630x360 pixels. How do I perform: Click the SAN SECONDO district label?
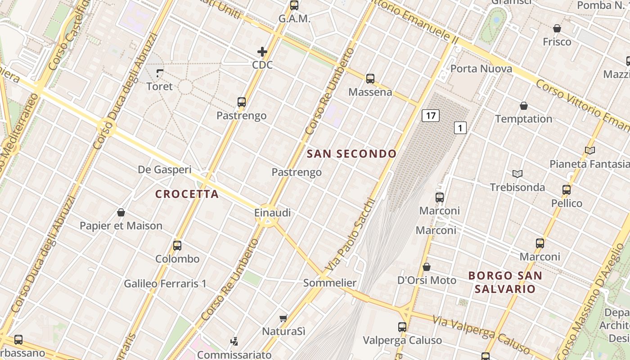coord(351,154)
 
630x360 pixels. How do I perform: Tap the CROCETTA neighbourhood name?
coord(187,194)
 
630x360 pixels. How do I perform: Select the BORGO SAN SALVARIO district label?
coord(505,282)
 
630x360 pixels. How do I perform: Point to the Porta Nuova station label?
coord(481,69)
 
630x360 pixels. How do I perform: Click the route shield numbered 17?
coord(431,116)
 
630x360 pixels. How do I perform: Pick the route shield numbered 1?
coord(460,128)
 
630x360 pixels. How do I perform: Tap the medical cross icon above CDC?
coord(262,52)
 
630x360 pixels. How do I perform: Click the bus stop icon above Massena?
coord(370,79)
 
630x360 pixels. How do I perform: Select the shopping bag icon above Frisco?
coord(557,28)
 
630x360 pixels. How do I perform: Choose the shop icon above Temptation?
coord(524,106)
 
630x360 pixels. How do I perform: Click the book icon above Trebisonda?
coord(517,174)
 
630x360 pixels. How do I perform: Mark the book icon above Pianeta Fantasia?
coord(590,150)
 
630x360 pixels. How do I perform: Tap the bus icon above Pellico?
coord(567,190)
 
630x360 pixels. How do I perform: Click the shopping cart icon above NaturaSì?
coord(283,318)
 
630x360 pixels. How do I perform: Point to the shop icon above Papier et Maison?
coord(121,212)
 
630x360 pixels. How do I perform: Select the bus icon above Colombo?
coord(177,246)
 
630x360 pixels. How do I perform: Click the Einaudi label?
coord(273,213)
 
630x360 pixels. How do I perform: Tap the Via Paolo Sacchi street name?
coord(350,235)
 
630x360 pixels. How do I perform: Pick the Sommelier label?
coord(330,283)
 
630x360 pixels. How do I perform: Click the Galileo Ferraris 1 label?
coord(165,284)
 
